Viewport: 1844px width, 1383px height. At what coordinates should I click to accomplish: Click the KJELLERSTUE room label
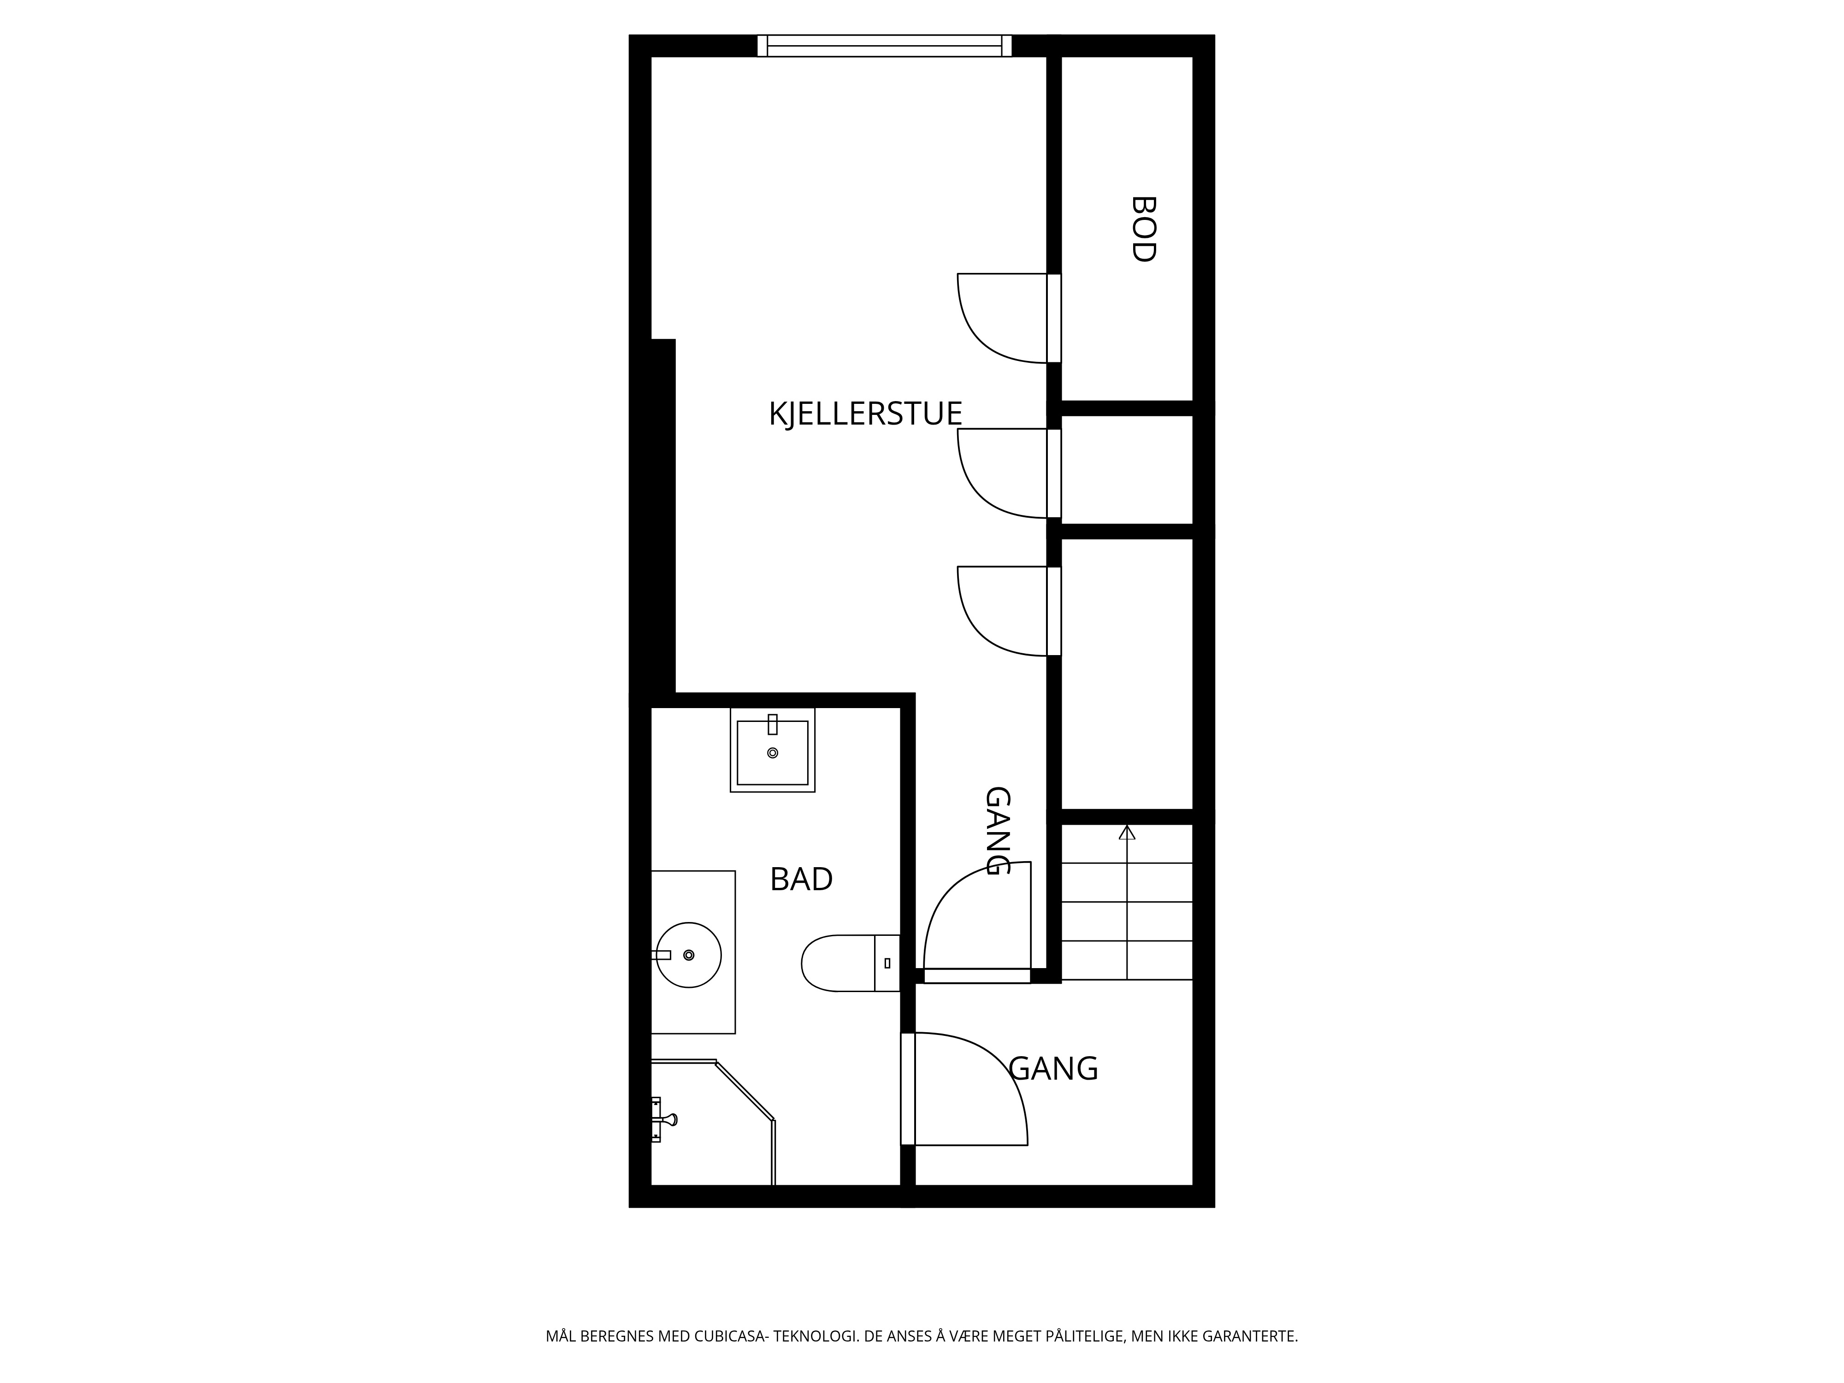(x=865, y=414)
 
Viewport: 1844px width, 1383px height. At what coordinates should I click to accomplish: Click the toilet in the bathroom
(x=850, y=963)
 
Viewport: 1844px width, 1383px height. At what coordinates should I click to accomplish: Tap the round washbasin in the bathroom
(x=689, y=955)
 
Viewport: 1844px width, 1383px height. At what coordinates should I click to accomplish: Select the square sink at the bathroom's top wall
(x=773, y=750)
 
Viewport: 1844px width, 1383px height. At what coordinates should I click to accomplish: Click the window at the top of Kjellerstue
(x=885, y=46)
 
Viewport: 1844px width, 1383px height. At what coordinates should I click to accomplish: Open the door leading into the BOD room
(x=1054, y=318)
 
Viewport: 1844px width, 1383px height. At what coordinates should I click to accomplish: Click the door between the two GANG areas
(x=977, y=975)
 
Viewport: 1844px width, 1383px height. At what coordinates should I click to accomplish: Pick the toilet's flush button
(x=887, y=963)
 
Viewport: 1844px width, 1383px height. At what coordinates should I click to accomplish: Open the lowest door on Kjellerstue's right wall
(x=1054, y=611)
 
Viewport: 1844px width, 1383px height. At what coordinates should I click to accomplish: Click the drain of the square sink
(x=773, y=753)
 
